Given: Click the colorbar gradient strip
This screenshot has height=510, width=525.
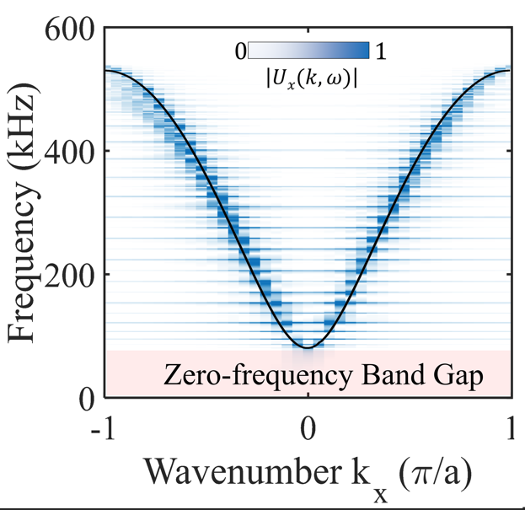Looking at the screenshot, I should coord(308,51).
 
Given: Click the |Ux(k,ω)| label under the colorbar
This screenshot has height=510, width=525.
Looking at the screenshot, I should coord(308,78).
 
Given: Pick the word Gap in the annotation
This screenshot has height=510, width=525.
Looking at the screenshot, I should coord(462,375).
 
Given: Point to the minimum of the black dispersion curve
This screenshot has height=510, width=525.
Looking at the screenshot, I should coord(308,347).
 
